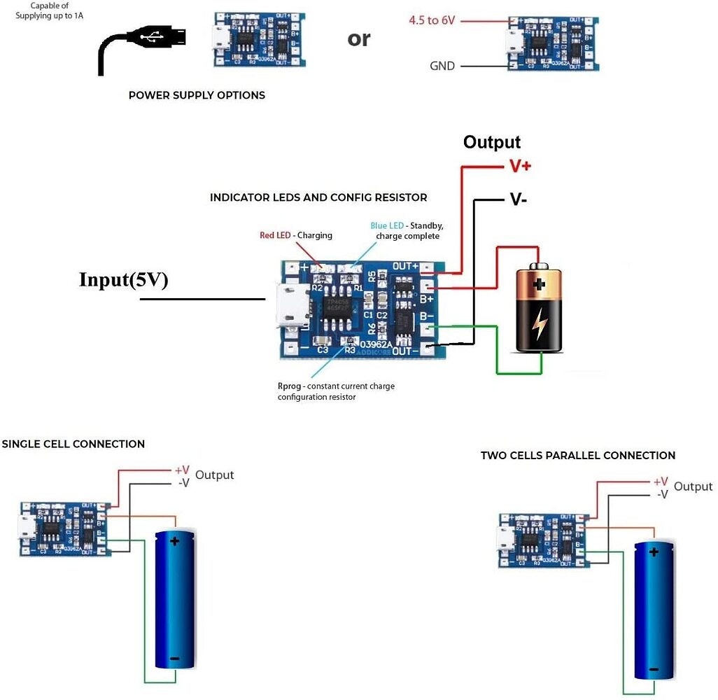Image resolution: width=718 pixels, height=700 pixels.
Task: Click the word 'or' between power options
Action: coord(358,38)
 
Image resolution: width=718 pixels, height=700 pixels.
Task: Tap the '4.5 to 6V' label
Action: coord(432,20)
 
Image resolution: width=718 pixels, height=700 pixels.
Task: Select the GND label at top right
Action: coord(442,66)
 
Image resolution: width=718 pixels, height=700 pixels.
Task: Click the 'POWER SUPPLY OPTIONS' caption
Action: coord(197,95)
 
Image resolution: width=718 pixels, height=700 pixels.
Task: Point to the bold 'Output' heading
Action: coord(491,142)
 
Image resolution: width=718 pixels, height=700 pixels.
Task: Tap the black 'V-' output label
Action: coord(518,199)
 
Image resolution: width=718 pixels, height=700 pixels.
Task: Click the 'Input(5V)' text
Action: coord(123,280)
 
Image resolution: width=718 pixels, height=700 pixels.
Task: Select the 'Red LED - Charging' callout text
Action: coord(295,235)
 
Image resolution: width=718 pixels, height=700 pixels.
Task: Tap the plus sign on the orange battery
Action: coord(539,285)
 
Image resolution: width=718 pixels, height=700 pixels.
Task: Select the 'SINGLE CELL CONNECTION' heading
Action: coord(73,444)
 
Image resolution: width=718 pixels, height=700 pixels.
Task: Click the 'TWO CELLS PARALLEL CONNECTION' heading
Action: coord(577,455)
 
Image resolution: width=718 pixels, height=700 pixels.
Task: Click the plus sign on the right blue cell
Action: coord(654,552)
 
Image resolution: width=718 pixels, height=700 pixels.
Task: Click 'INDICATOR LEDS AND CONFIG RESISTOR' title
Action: coord(318,198)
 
